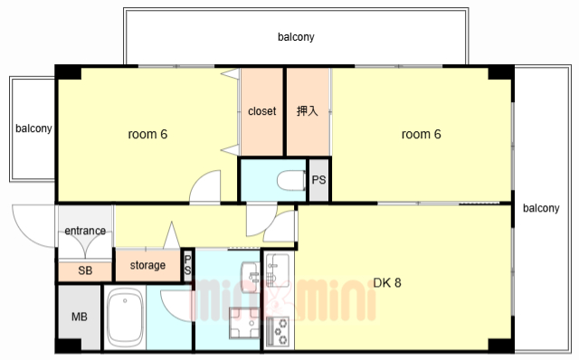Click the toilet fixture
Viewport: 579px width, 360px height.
pyautogui.click(x=291, y=180)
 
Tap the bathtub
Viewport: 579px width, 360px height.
pyautogui.click(x=125, y=317)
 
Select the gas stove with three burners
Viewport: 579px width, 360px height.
pyautogui.click(x=278, y=331)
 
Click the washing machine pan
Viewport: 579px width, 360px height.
pyautogui.click(x=244, y=323)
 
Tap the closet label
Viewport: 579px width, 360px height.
pyautogui.click(x=261, y=111)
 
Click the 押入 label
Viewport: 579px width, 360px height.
pyautogui.click(x=308, y=110)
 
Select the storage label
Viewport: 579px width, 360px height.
pyautogui.click(x=147, y=265)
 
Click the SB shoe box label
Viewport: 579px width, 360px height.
pyautogui.click(x=85, y=270)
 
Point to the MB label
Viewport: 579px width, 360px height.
pyautogui.click(x=80, y=317)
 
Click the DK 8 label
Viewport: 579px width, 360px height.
pyautogui.click(x=387, y=283)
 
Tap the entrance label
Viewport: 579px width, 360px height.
pyautogui.click(x=85, y=231)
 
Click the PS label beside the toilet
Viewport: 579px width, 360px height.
pyautogui.click(x=318, y=180)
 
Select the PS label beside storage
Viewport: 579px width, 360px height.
pyautogui.click(x=187, y=265)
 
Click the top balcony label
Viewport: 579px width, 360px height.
pyautogui.click(x=296, y=37)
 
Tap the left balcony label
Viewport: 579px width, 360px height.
pyautogui.click(x=33, y=128)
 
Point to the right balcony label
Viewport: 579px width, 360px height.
pyautogui.click(x=541, y=208)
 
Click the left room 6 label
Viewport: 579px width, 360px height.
pyautogui.click(x=147, y=134)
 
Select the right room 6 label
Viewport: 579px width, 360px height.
pyautogui.click(x=422, y=134)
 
